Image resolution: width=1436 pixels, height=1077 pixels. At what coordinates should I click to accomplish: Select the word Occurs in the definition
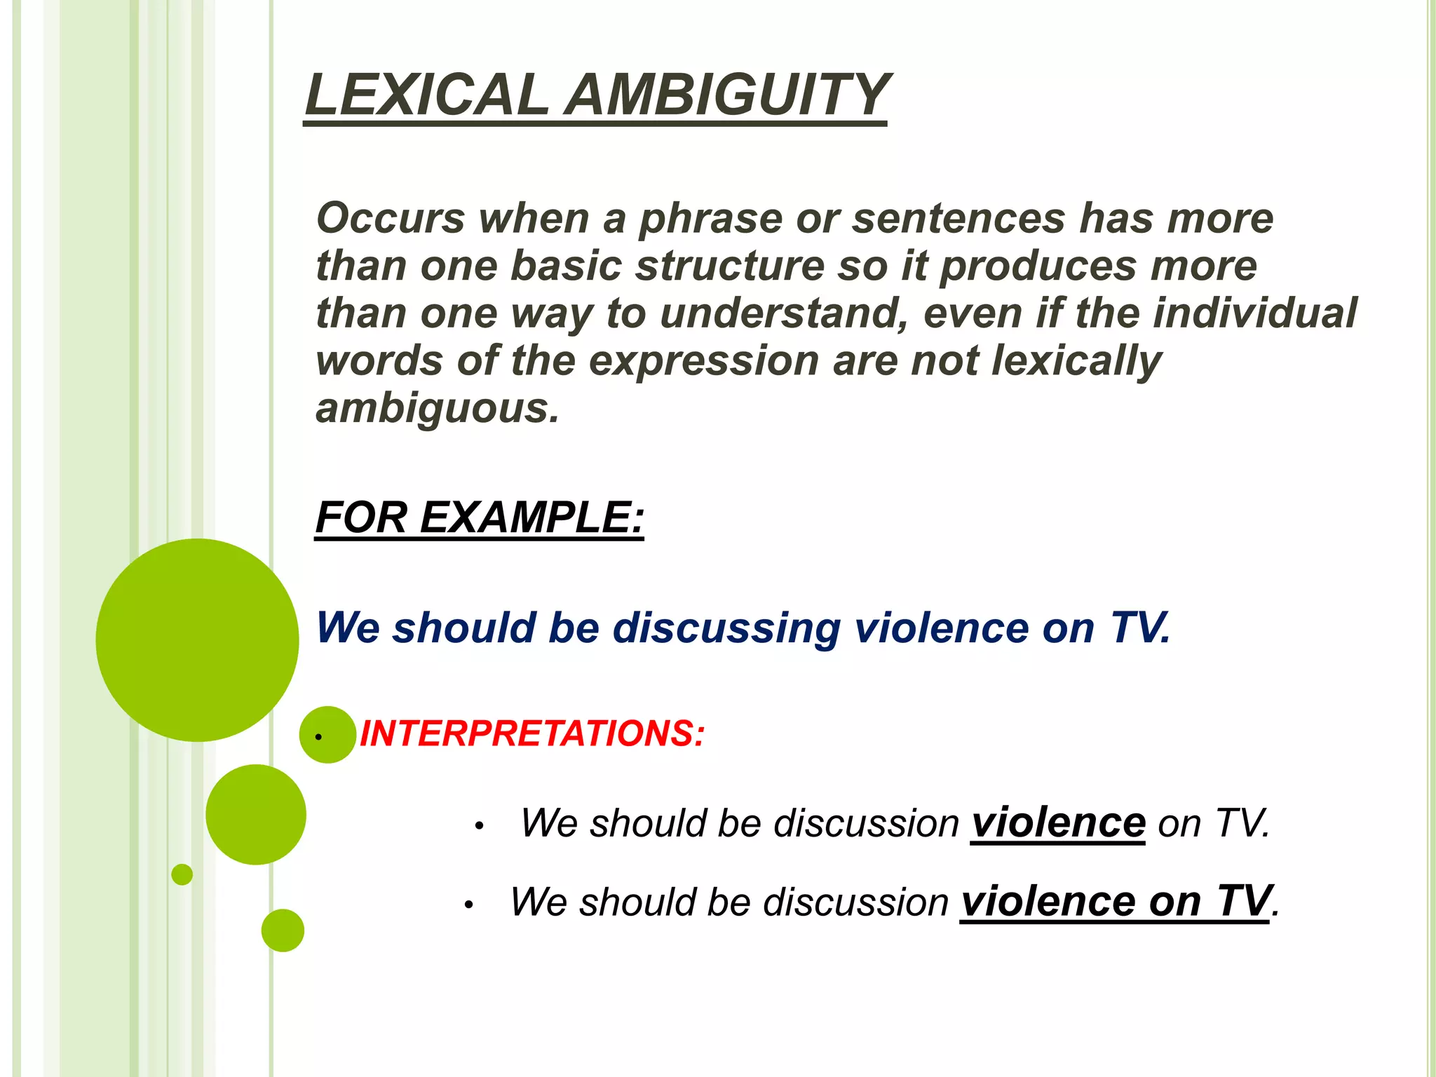(391, 218)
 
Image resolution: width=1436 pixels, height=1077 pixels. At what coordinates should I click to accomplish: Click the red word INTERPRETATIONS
(530, 734)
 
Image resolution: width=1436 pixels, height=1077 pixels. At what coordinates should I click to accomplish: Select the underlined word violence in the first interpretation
(1057, 822)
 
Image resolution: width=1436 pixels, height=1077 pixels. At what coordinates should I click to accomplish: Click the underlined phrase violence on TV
(1115, 901)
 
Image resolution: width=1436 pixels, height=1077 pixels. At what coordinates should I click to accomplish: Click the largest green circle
(197, 639)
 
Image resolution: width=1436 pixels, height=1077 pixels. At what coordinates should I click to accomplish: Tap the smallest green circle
(182, 874)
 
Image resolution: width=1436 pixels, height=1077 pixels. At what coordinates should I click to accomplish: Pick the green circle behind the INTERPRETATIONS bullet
(327, 734)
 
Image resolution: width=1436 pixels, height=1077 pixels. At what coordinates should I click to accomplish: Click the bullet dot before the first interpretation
(479, 827)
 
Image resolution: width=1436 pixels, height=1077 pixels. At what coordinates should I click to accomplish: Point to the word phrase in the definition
(710, 219)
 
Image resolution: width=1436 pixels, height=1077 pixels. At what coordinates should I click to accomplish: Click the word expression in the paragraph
(703, 361)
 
